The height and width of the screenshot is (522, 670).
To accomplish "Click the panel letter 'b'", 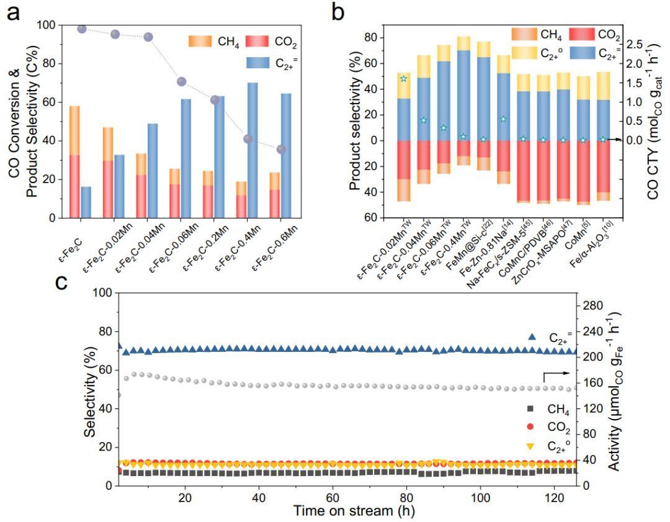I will pyautogui.click(x=339, y=11).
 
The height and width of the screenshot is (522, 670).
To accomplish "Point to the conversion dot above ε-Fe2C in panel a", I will pyautogui.click(x=81, y=29).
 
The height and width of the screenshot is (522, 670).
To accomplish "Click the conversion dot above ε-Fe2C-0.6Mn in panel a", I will pyautogui.click(x=281, y=150).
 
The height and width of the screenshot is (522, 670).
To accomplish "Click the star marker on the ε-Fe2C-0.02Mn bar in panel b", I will pyautogui.click(x=404, y=79).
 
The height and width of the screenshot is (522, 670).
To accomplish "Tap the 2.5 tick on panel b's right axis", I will pyautogui.click(x=638, y=45).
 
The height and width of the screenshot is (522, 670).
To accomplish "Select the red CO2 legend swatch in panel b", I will pyautogui.click(x=583, y=34).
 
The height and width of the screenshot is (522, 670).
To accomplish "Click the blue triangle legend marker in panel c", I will pyautogui.click(x=532, y=336).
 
